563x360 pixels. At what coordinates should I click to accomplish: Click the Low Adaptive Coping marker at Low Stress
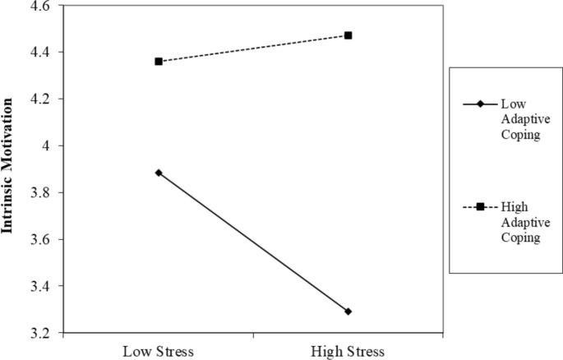tap(159, 173)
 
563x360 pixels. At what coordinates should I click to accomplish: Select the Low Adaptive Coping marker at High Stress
tap(348, 312)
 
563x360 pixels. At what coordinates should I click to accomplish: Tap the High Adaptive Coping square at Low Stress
tap(159, 62)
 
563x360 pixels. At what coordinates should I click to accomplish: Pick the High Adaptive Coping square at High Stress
tap(348, 35)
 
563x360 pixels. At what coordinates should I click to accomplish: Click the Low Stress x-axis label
tap(159, 351)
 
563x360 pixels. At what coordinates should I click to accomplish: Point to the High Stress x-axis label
tap(348, 351)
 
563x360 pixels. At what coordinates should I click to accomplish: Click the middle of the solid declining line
tap(253, 242)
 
